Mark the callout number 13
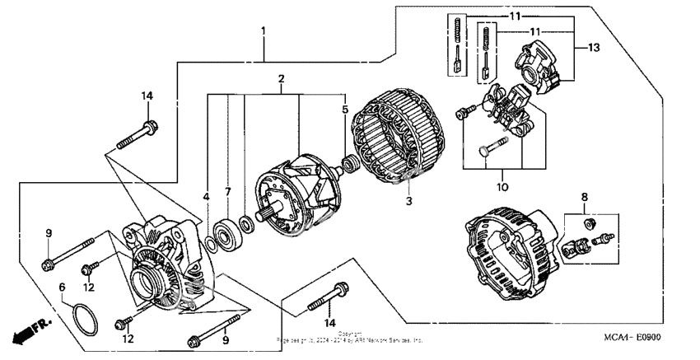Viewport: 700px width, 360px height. [593, 48]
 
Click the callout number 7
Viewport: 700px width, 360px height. [229, 191]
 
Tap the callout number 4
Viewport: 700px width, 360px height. [207, 198]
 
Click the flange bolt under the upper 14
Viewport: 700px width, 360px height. [136, 136]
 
